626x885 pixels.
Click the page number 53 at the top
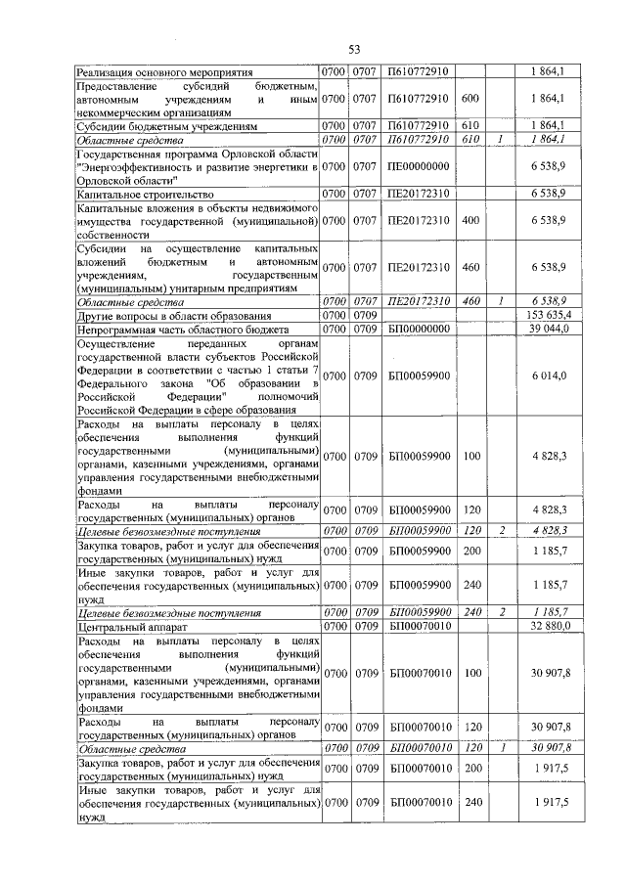[354, 50]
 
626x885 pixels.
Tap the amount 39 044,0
[550, 329]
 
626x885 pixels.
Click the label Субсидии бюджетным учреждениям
[167, 126]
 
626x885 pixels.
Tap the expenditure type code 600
[469, 99]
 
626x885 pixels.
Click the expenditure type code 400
[469, 221]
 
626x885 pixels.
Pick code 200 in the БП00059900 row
[469, 550]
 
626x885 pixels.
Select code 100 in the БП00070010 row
[469, 673]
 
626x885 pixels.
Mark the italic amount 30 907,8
[550, 747]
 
